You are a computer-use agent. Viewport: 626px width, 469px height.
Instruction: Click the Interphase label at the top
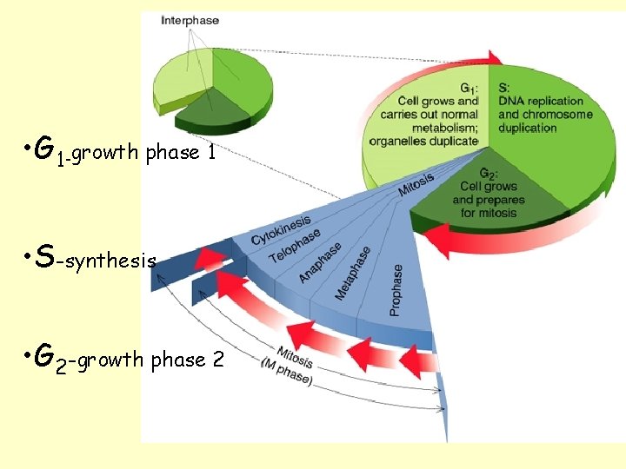coord(190,20)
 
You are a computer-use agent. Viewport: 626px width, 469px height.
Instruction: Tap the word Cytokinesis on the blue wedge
coord(283,227)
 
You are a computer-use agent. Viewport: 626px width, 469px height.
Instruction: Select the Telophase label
coord(295,245)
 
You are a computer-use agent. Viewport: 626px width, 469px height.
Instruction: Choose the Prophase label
coord(396,289)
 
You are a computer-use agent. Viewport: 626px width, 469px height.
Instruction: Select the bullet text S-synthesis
coord(91,259)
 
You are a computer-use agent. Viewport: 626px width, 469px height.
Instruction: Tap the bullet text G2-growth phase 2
coord(126,359)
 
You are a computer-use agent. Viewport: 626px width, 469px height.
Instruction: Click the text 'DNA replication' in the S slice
coord(539,101)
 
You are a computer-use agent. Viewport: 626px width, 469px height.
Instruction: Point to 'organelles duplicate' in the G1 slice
coord(423,141)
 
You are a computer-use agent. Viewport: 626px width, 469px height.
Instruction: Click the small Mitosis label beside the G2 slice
coord(416,184)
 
